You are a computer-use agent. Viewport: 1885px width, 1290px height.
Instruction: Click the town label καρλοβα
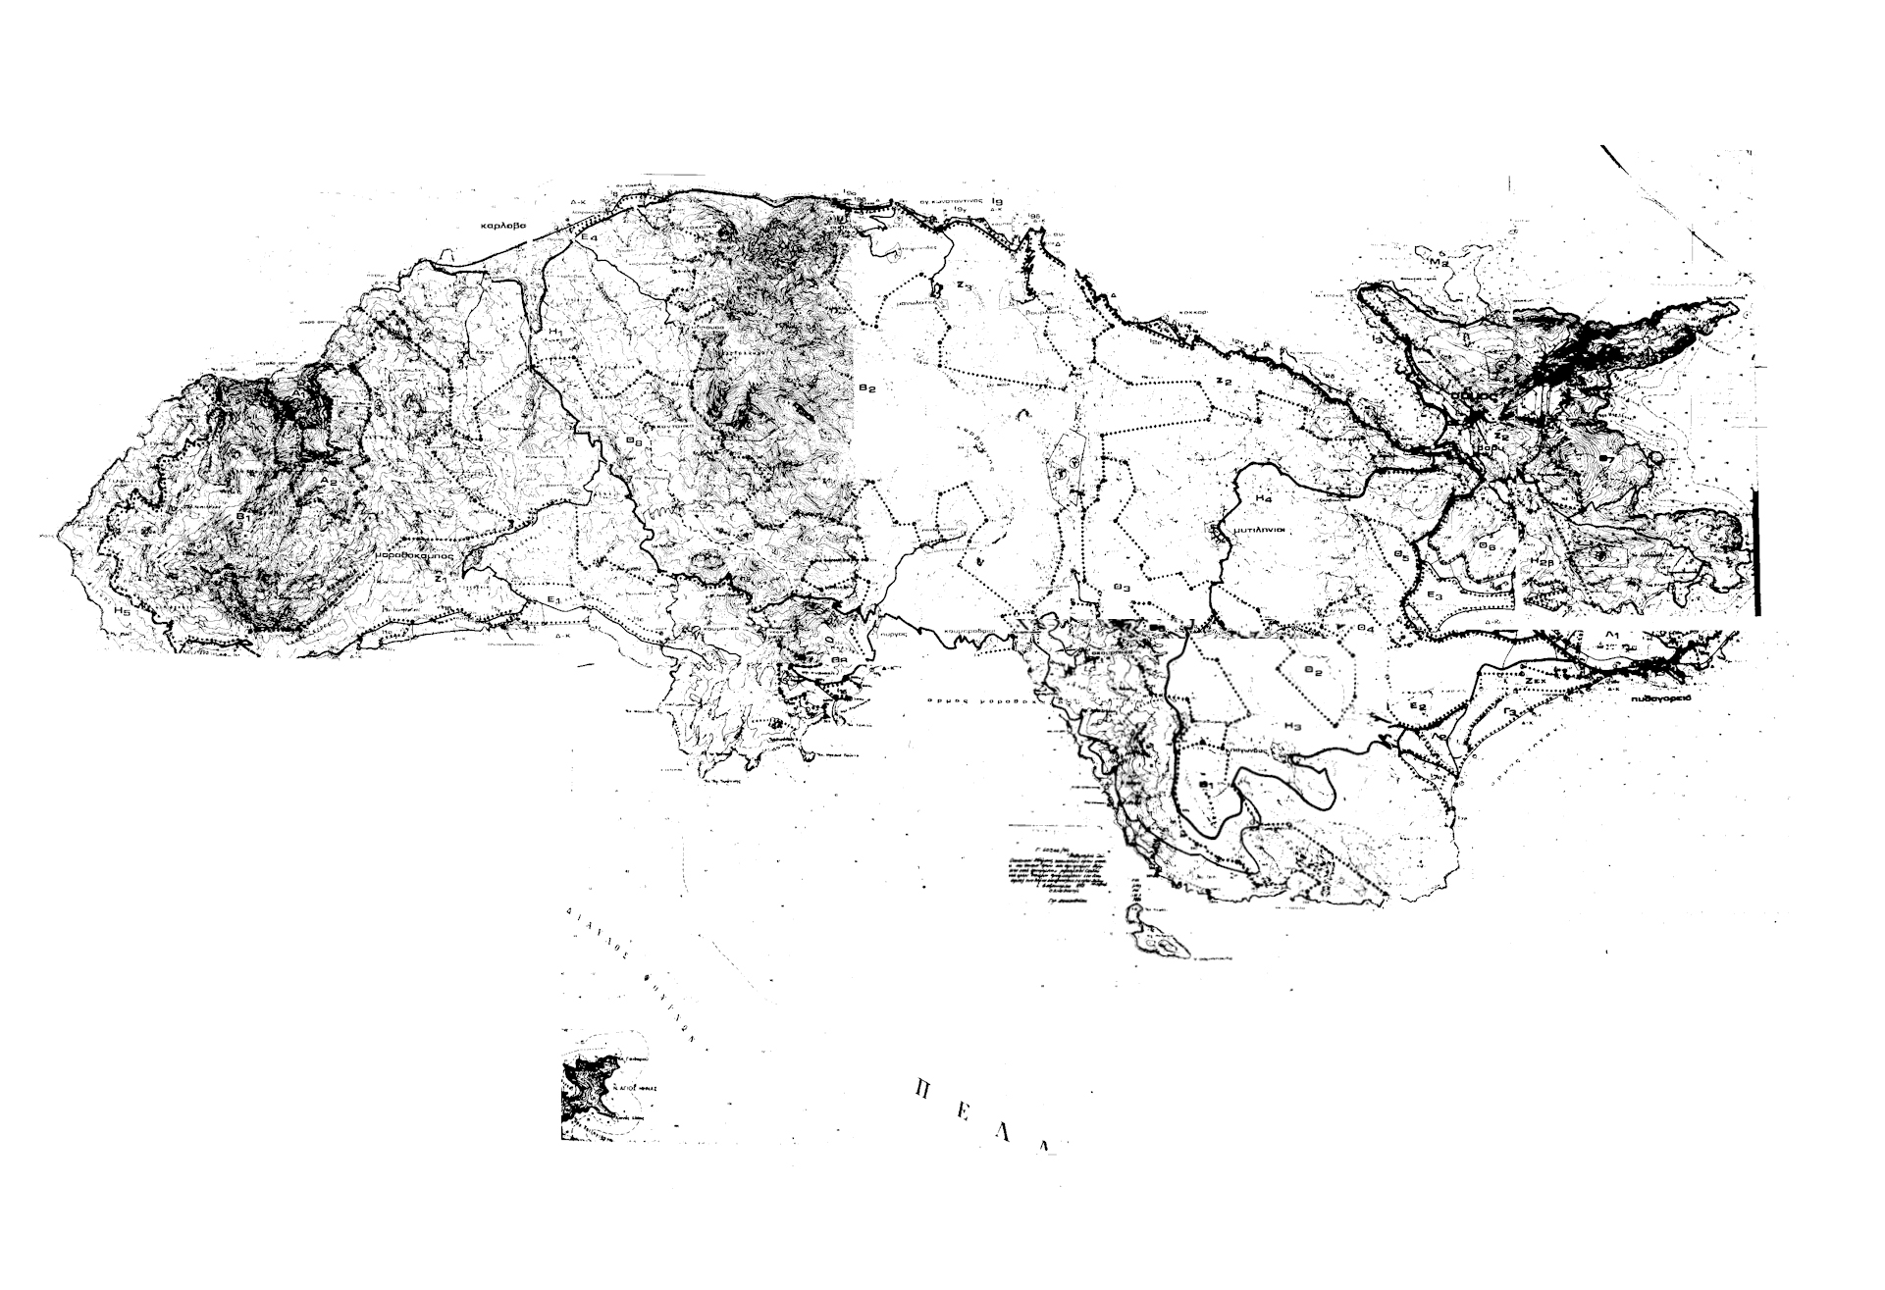503,226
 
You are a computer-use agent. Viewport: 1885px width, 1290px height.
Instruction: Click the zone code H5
121,611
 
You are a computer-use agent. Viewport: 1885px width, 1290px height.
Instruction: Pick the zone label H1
555,333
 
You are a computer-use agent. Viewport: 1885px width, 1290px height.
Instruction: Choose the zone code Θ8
635,441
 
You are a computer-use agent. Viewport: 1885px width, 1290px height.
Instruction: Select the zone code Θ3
1123,587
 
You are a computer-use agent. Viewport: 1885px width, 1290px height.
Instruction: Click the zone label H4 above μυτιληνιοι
1263,498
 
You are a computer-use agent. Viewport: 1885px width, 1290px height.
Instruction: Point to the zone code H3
1291,726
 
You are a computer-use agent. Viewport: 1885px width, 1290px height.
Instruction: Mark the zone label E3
1436,595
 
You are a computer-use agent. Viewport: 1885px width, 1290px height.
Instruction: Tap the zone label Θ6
1487,545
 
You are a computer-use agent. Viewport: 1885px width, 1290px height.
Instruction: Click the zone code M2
1440,263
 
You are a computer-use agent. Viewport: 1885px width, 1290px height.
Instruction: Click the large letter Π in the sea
921,1088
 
